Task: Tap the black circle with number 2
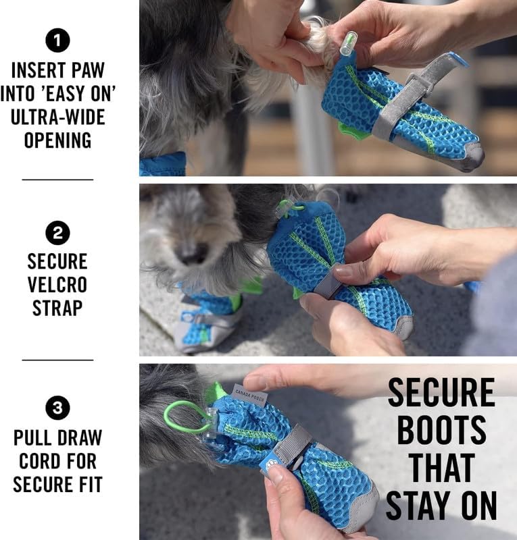57,234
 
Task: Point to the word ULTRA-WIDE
57,117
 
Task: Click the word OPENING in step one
57,140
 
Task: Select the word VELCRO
57,284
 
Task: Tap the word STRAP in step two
57,308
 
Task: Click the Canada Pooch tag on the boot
250,394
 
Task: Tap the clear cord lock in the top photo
346,43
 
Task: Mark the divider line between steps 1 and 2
57,180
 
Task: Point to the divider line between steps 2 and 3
57,360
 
